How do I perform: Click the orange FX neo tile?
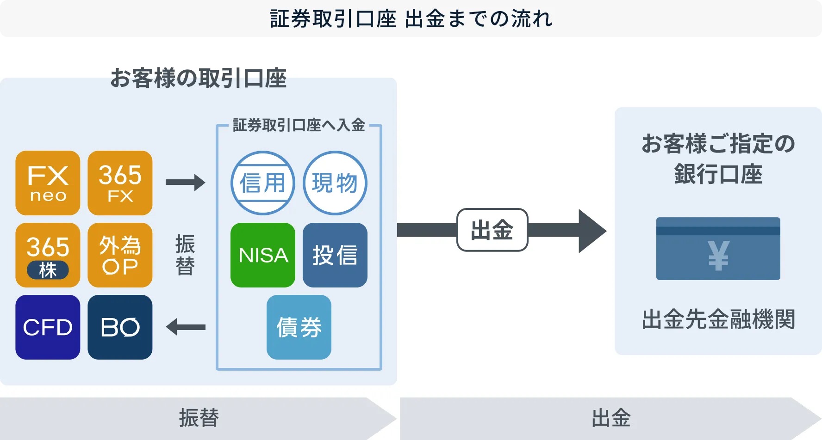(x=48, y=183)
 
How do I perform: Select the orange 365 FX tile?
(x=120, y=183)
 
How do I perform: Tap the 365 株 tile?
(x=48, y=255)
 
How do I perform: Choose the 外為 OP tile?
(x=120, y=255)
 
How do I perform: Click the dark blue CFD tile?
(x=48, y=327)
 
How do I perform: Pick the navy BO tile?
(x=120, y=327)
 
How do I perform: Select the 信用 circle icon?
(x=263, y=183)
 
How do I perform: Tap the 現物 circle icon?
(x=335, y=183)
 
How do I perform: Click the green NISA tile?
(x=263, y=255)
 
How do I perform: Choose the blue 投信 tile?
(x=335, y=255)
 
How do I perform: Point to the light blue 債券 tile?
(x=299, y=327)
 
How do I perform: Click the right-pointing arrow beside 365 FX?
(x=185, y=183)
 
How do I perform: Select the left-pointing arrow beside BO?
(x=185, y=327)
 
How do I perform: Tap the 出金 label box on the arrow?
(x=492, y=230)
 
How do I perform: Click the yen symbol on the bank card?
(x=718, y=255)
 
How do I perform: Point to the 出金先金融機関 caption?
(x=718, y=319)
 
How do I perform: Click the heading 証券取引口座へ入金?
(x=299, y=125)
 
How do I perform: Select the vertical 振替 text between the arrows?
(x=185, y=255)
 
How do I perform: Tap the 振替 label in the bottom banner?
(x=199, y=418)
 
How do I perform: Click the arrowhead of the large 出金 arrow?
(x=591, y=231)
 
